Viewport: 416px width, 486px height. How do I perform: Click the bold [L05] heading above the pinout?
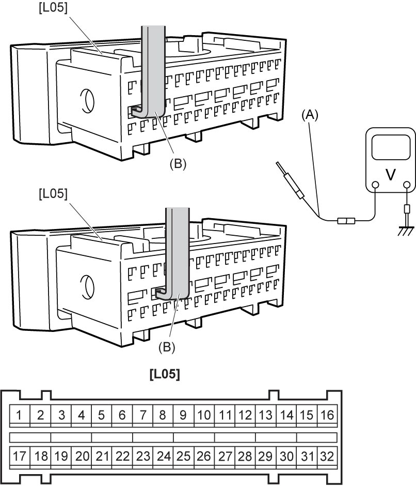(165, 374)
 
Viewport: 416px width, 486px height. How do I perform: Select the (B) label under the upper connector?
(178, 164)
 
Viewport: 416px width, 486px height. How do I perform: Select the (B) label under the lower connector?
(167, 347)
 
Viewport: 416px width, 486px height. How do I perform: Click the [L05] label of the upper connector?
(53, 8)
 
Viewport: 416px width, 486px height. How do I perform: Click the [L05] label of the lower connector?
(53, 194)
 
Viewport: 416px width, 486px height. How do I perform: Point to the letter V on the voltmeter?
(391, 175)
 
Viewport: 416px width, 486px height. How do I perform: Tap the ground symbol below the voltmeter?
(406, 231)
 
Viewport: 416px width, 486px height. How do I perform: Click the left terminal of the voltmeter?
(375, 185)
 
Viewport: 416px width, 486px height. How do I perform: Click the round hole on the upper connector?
(88, 101)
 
